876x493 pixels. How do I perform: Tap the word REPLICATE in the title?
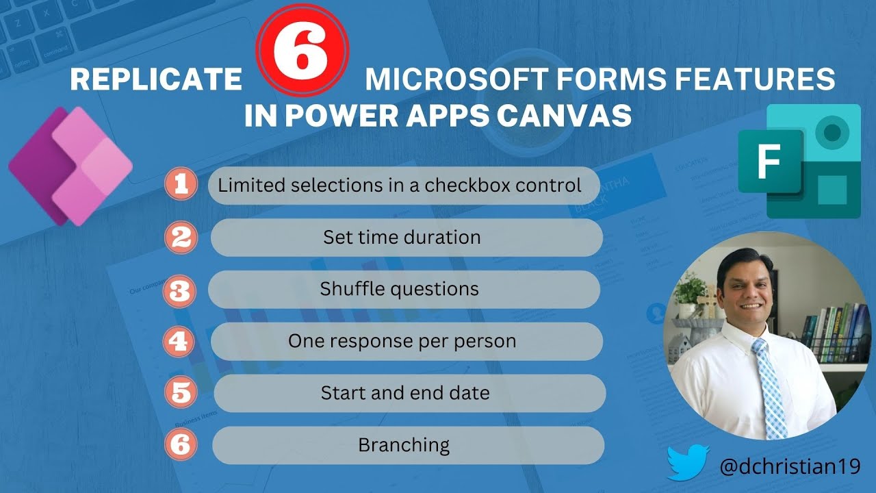(x=156, y=80)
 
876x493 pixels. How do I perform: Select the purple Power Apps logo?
(x=70, y=166)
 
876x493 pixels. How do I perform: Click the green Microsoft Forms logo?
(x=799, y=162)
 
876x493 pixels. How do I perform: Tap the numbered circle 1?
(x=181, y=185)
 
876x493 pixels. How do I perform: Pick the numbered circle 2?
(x=181, y=238)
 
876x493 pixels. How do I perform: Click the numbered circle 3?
(x=181, y=290)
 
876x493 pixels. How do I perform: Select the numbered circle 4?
(x=181, y=341)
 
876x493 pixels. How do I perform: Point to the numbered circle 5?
(x=182, y=393)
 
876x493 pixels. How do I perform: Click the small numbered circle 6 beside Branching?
(x=181, y=445)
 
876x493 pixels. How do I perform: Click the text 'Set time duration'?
(x=402, y=238)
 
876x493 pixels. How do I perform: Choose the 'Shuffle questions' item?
(x=399, y=289)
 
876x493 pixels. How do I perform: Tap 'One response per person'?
(x=402, y=341)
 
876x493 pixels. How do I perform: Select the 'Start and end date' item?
(x=405, y=393)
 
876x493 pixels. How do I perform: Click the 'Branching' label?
(x=404, y=445)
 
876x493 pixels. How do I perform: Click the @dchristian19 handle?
(x=789, y=466)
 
